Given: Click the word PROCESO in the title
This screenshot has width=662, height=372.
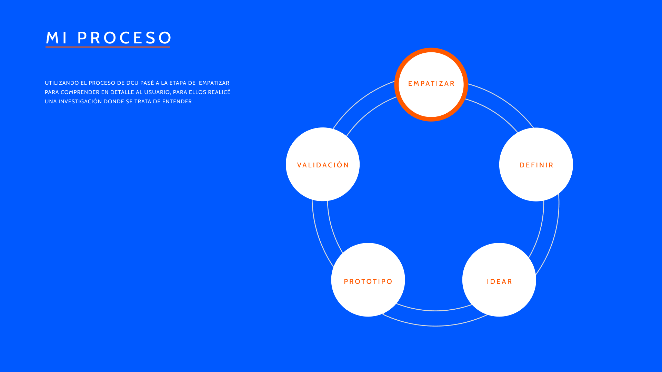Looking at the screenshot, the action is click(x=124, y=38).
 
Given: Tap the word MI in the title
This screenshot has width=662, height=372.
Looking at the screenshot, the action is click(x=57, y=38).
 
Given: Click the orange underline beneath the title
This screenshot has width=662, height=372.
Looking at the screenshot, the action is click(x=108, y=47).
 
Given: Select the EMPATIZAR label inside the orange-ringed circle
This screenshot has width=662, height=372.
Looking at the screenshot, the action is click(x=431, y=84).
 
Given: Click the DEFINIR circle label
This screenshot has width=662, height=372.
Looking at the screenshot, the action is click(x=536, y=165).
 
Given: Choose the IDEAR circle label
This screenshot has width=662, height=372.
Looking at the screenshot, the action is click(x=499, y=282).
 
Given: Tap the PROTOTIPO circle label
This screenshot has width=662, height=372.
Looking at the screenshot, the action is click(x=368, y=282).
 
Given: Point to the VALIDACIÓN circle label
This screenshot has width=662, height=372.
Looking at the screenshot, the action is click(x=323, y=165).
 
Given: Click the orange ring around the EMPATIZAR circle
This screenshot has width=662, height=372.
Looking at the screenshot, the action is click(x=431, y=50).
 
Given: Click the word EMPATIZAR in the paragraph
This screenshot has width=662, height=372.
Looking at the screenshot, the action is click(x=214, y=83).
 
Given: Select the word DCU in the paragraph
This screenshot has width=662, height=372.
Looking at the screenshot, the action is click(x=132, y=83).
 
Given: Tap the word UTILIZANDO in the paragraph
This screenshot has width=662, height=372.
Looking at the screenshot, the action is click(x=62, y=83).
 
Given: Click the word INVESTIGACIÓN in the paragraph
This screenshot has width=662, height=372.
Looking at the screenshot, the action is click(x=80, y=101).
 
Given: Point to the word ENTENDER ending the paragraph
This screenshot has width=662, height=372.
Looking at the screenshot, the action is click(x=177, y=102).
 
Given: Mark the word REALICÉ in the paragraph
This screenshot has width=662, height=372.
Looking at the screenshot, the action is click(x=219, y=92).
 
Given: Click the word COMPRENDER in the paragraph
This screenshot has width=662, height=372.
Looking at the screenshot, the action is click(x=80, y=92).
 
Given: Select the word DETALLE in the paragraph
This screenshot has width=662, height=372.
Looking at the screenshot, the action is click(x=122, y=92).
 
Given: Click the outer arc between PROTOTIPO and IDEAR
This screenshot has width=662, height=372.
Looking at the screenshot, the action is click(x=435, y=325).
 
